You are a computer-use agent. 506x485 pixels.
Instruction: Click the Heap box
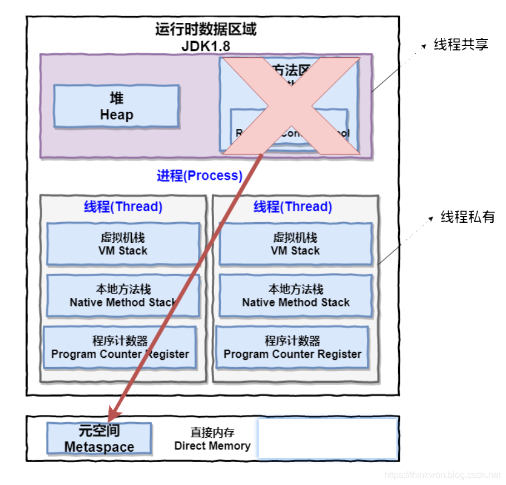coord(117,106)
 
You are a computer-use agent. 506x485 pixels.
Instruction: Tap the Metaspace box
coord(99,439)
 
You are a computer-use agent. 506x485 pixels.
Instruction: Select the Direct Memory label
coord(212,439)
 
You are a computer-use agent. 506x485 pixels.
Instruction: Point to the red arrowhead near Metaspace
coord(114,413)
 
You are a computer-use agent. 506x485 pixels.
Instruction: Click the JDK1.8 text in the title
coord(206,46)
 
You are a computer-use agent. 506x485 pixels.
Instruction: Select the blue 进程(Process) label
coord(200,176)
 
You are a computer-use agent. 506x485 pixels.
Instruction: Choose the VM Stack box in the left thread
coord(123,244)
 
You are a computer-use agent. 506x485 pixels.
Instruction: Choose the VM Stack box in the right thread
coord(295,244)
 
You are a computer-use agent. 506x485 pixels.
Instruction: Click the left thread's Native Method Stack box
coord(123,296)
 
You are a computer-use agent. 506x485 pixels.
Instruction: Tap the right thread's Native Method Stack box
coord(295,296)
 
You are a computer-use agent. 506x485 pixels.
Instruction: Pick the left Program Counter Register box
coord(120,348)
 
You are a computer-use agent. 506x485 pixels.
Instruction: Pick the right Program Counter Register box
coord(292,348)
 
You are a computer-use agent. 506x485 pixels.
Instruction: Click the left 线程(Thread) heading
coord(123,207)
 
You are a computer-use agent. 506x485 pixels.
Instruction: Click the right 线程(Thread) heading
coord(293,207)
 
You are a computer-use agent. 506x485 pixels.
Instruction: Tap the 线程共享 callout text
coord(461,45)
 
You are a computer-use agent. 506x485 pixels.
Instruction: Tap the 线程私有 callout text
coord(468,217)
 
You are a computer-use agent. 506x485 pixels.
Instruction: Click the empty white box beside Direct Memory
coord(328,439)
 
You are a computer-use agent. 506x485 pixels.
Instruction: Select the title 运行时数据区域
coord(206,29)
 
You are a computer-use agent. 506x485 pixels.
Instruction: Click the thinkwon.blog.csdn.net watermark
coord(443,475)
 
